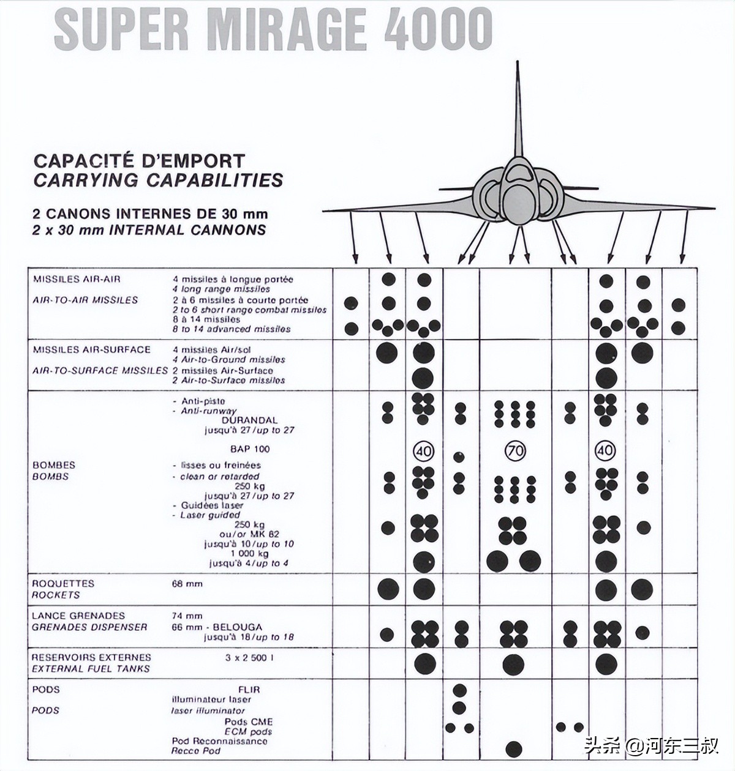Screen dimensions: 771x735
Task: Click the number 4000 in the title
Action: pyautogui.click(x=438, y=29)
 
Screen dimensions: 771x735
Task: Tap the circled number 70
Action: pyautogui.click(x=514, y=452)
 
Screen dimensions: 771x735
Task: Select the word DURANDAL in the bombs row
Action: pyautogui.click(x=249, y=420)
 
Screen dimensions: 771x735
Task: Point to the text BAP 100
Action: pyautogui.click(x=250, y=449)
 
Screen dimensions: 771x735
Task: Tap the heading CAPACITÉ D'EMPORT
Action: pyautogui.click(x=139, y=161)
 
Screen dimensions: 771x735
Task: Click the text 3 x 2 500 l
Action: pyautogui.click(x=249, y=658)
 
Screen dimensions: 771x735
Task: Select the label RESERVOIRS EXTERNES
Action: pyautogui.click(x=91, y=657)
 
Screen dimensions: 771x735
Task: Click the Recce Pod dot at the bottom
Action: pyautogui.click(x=514, y=748)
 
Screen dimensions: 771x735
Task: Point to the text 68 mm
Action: pyautogui.click(x=187, y=584)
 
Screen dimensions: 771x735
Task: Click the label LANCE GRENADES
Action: pyautogui.click(x=78, y=616)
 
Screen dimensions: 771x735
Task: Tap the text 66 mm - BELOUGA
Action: pyautogui.click(x=217, y=627)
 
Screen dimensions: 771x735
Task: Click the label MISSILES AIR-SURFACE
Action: pyautogui.click(x=91, y=349)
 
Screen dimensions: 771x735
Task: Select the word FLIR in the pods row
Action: pyautogui.click(x=250, y=690)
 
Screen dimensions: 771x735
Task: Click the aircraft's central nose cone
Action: pyautogui.click(x=518, y=202)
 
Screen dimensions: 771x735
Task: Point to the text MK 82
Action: pyautogui.click(x=265, y=534)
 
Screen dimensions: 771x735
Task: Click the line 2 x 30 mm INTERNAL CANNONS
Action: pyautogui.click(x=149, y=230)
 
